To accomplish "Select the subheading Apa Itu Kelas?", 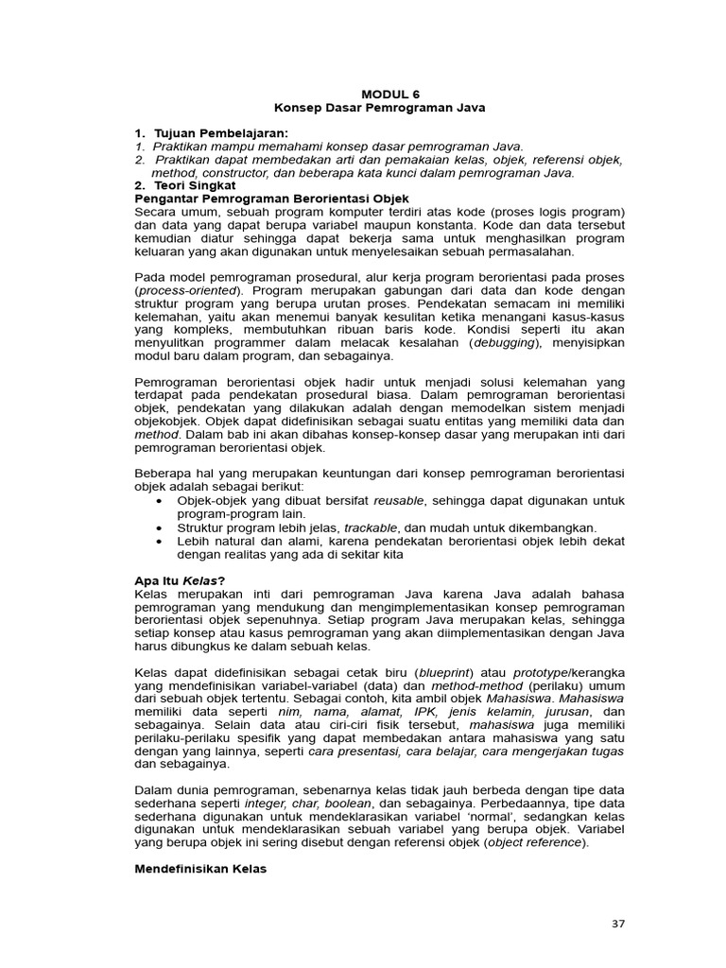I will tap(180, 579).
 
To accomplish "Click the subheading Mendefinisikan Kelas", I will tap(200, 869).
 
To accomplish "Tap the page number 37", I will tap(617, 924).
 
